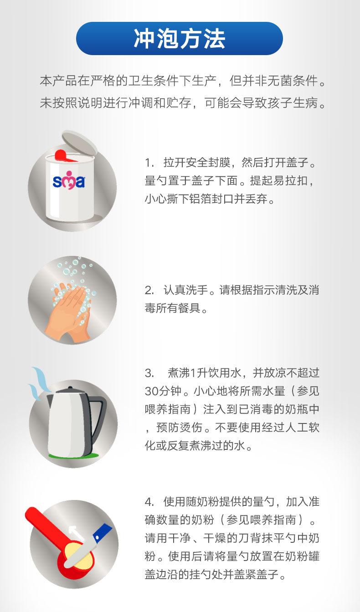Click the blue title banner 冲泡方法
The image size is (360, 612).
[180, 39]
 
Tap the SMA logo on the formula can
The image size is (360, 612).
[69, 180]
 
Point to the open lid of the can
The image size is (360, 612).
[79, 142]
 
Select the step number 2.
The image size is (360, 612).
[149, 290]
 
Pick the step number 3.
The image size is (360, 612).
[149, 373]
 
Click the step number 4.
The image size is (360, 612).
[149, 502]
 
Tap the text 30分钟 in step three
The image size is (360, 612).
[163, 391]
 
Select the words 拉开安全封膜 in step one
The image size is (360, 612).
[197, 163]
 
